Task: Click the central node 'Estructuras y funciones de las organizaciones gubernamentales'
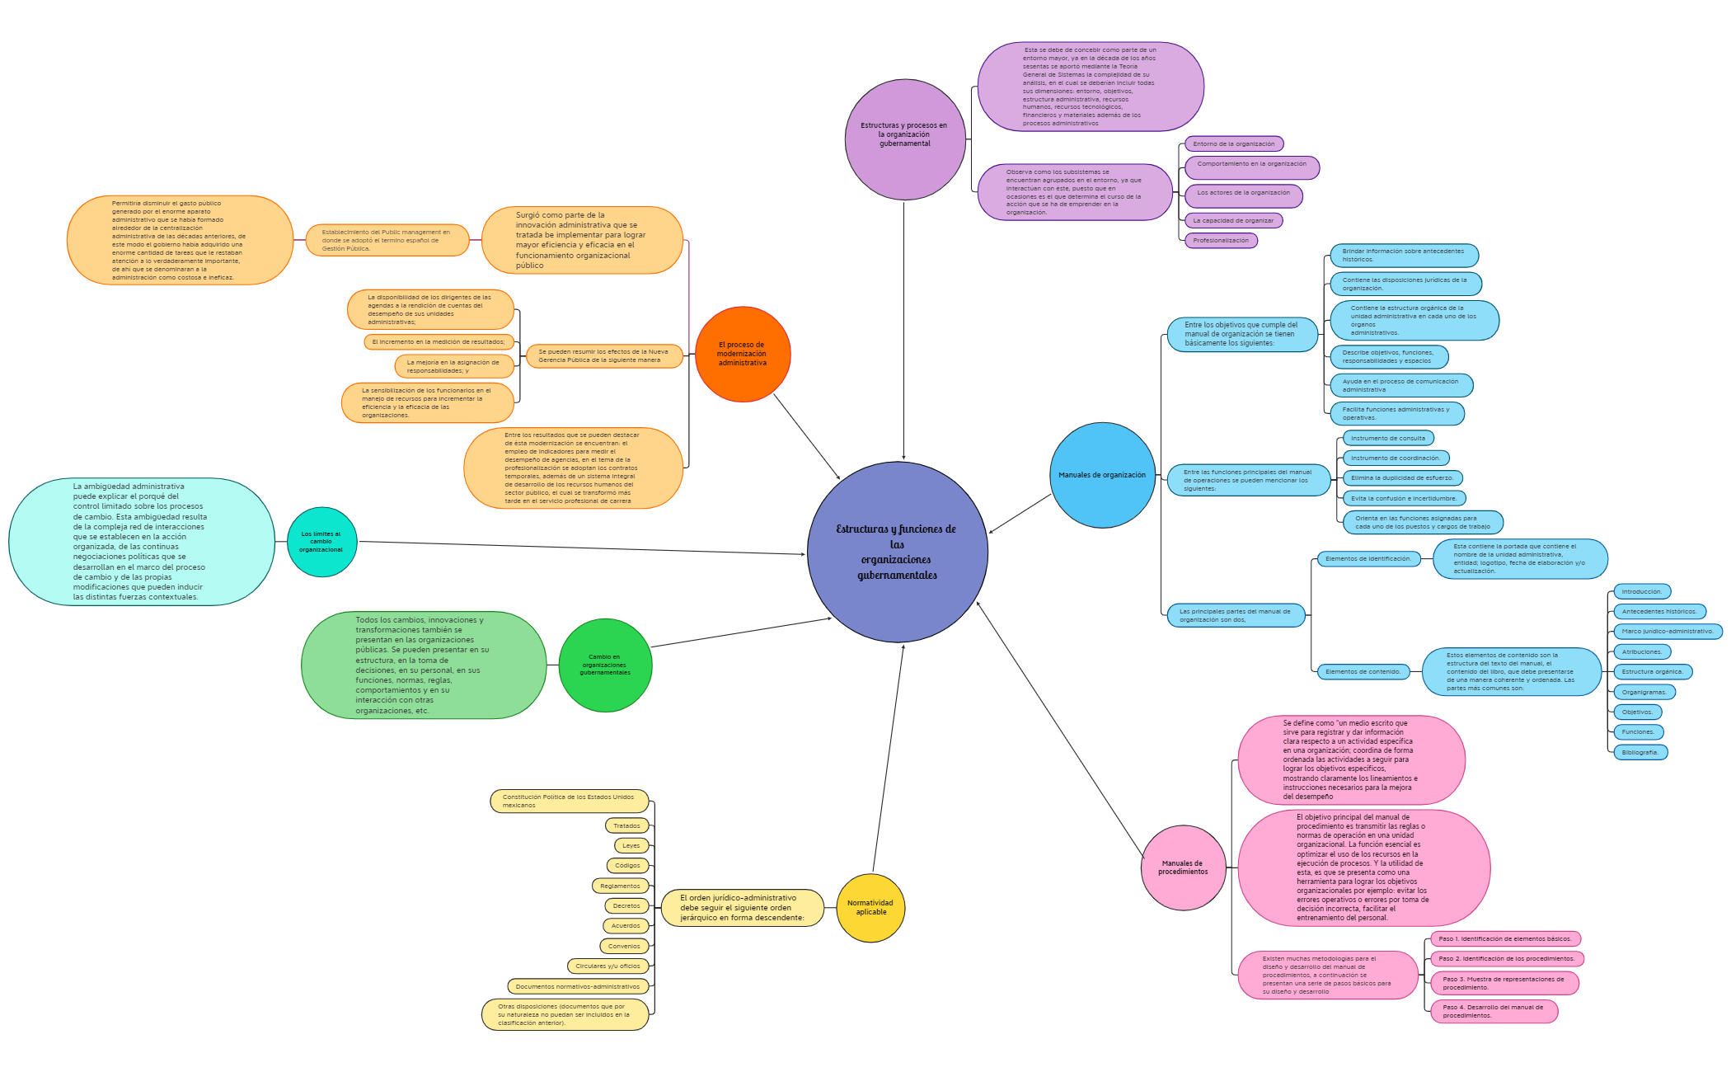[897, 552]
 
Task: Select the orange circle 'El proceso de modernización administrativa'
[742, 354]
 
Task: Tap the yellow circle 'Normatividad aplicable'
[870, 907]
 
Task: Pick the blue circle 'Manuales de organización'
[1102, 475]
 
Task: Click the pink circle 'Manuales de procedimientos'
[1183, 867]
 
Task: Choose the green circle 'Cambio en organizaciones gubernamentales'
[605, 665]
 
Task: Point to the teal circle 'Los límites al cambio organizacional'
[321, 542]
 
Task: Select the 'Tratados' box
[626, 825]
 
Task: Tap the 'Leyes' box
[631, 845]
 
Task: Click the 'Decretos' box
[626, 905]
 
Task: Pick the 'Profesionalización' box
[1221, 241]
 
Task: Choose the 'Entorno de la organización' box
[1233, 144]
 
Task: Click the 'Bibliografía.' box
[1640, 752]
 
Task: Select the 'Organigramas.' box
[1644, 692]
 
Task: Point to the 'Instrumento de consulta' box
[1387, 438]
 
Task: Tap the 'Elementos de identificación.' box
[1367, 559]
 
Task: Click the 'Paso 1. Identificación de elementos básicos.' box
[1505, 938]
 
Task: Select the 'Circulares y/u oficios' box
[607, 966]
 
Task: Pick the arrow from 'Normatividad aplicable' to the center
[888, 759]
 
